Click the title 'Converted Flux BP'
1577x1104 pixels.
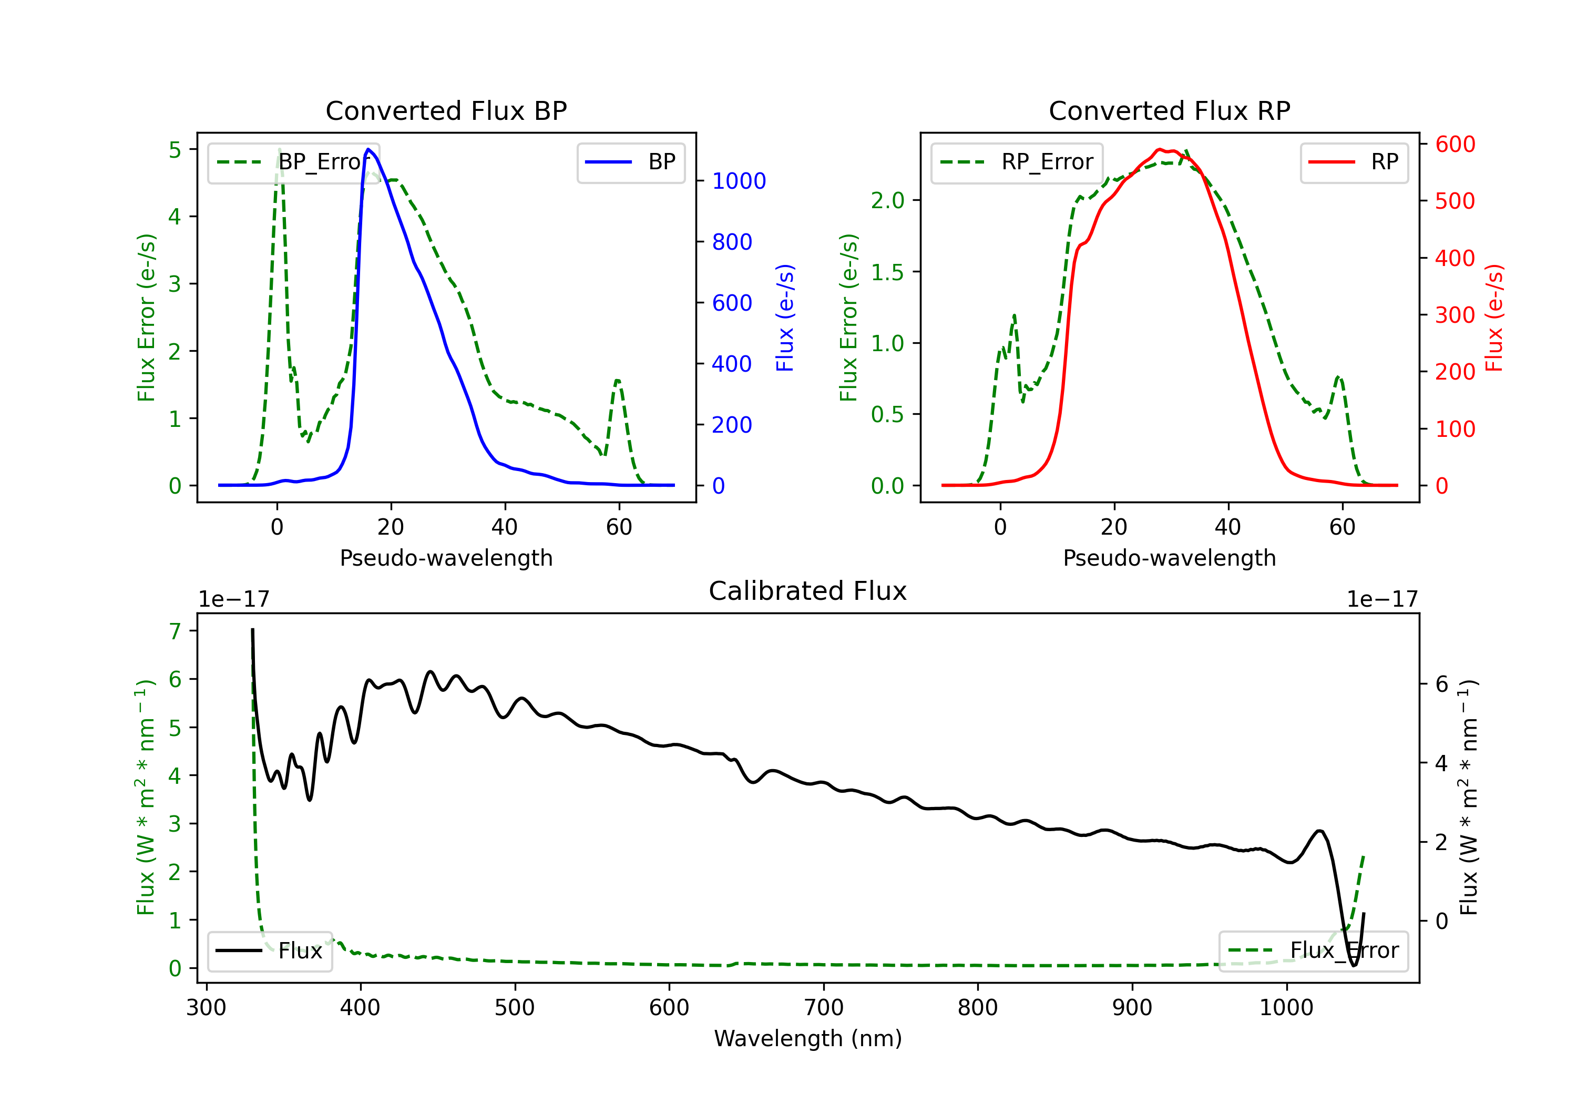point(446,110)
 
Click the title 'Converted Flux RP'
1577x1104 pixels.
point(1169,110)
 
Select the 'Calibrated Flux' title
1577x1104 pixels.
point(808,591)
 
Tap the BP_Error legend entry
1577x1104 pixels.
point(293,162)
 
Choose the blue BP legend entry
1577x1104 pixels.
point(630,162)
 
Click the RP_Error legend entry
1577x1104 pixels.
point(1017,162)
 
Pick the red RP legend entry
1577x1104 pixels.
point(1354,162)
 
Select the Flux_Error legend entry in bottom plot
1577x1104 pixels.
point(1313,951)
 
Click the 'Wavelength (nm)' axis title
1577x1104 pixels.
point(808,1038)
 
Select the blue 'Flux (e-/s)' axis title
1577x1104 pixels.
point(785,318)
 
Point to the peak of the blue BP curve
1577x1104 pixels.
point(368,149)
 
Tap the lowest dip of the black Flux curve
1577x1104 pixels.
point(1354,965)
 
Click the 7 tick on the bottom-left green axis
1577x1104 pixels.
point(175,631)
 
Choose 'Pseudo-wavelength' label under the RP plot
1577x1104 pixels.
point(1169,558)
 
